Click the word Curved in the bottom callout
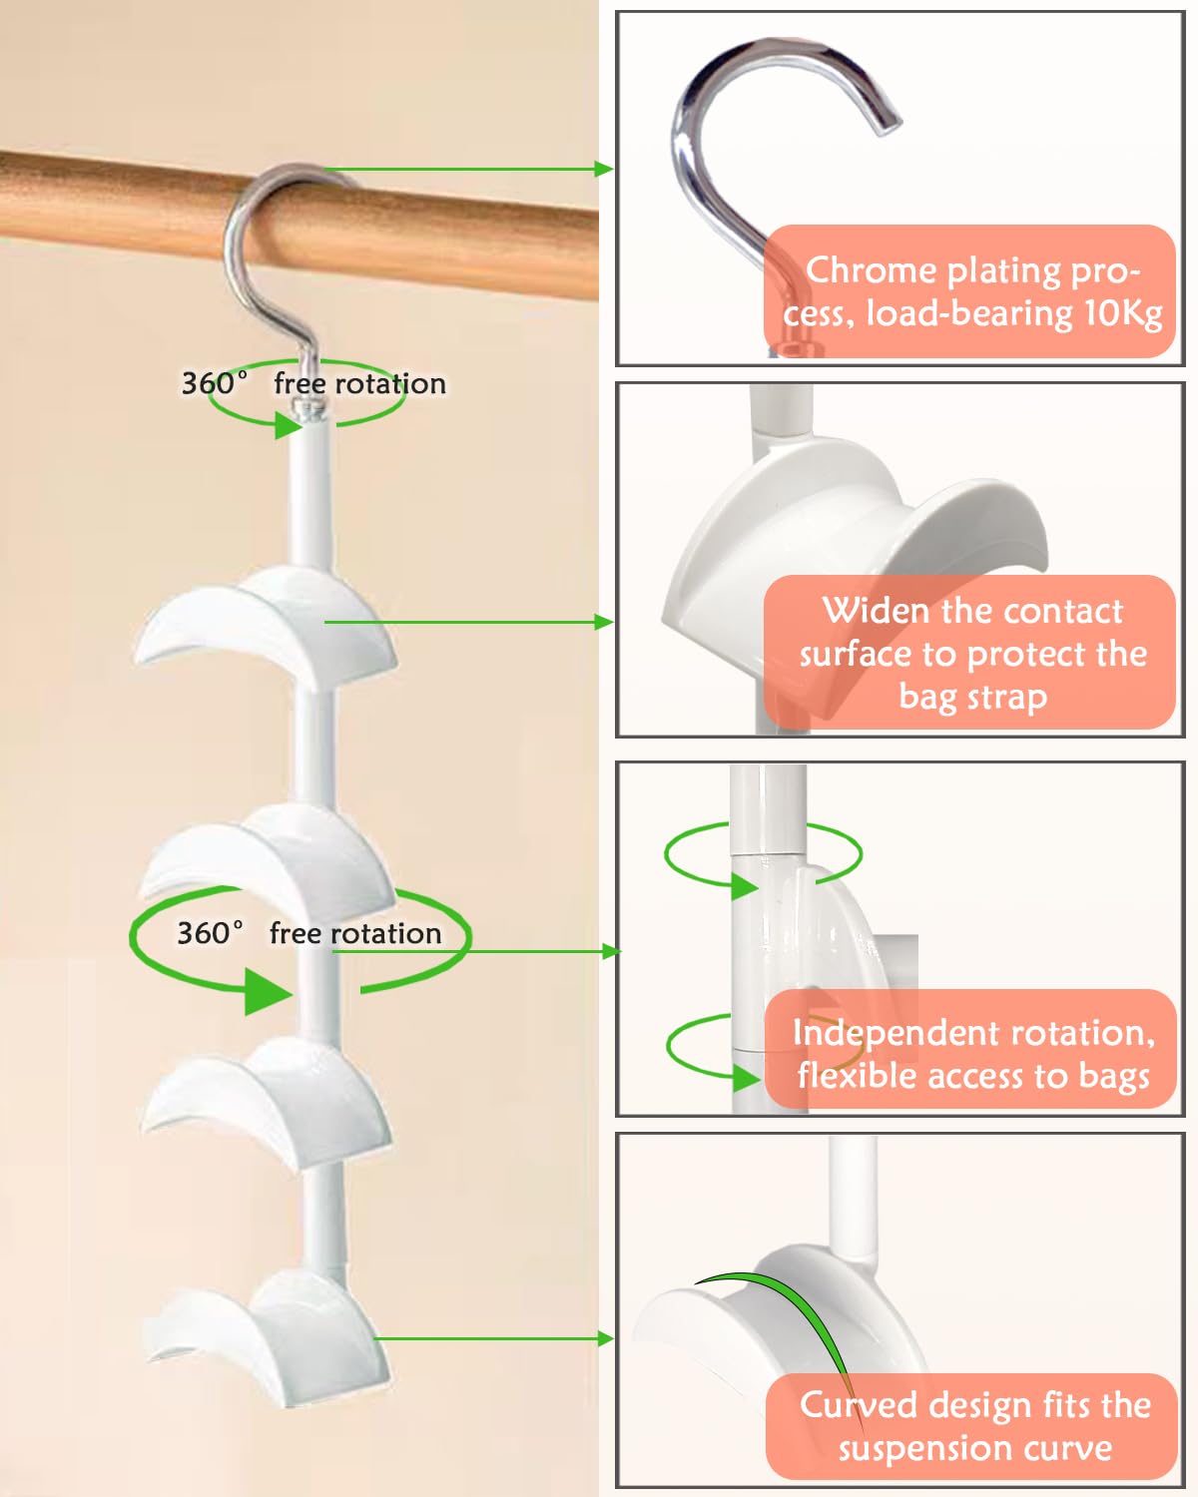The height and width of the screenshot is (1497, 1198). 859,1405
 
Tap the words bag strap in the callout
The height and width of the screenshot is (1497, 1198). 973,697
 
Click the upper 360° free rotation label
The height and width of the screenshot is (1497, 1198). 312,383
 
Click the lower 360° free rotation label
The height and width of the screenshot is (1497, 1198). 308,933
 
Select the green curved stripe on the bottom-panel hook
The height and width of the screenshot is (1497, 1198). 789,1317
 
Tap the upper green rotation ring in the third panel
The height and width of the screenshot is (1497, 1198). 764,854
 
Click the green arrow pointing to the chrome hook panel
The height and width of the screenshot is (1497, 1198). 469,169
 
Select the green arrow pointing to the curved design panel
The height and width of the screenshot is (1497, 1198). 494,1338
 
